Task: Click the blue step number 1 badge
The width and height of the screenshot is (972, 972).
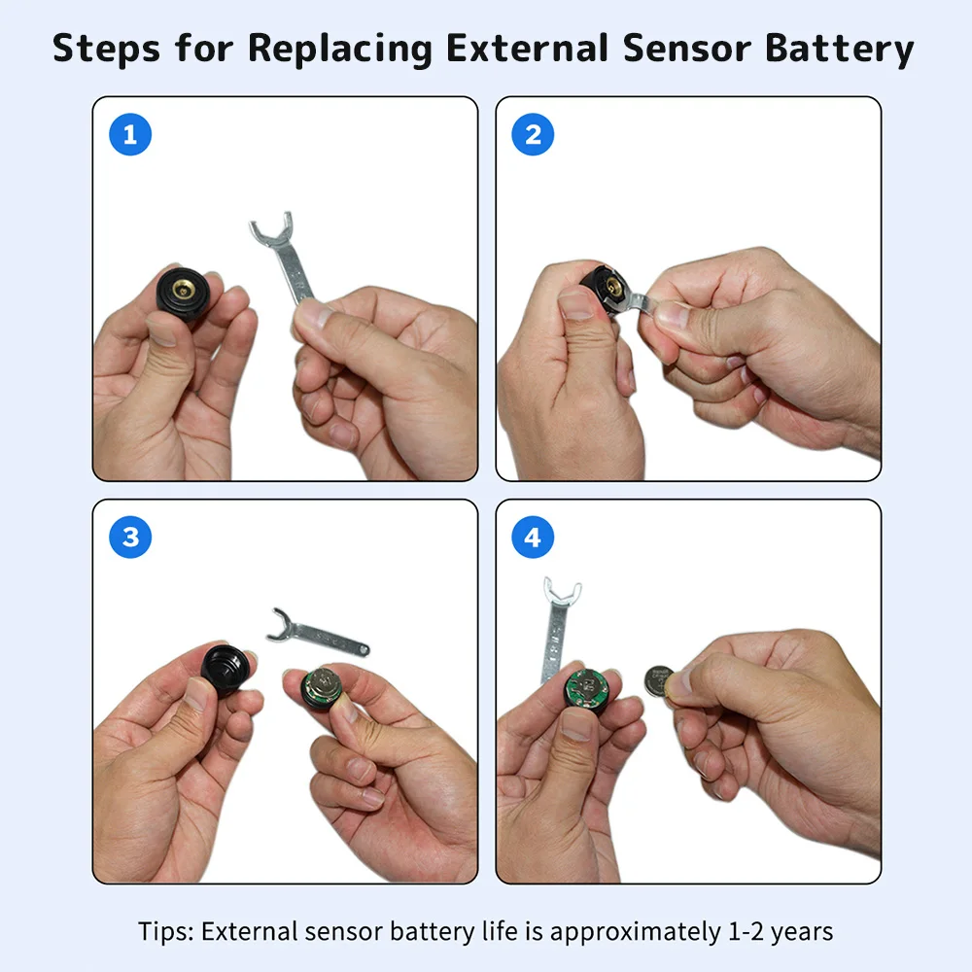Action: point(130,134)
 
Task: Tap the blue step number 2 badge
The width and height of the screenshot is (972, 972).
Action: point(533,134)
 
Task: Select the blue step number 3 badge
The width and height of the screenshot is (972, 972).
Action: point(130,538)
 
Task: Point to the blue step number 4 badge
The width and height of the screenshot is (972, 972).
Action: point(533,538)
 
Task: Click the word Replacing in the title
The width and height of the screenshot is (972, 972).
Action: point(340,49)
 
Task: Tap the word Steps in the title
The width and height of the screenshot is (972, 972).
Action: point(106,49)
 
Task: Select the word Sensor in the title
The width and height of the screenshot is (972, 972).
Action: point(687,48)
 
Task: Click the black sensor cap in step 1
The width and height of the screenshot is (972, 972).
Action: point(184,293)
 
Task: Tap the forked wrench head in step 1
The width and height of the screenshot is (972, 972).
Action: point(272,228)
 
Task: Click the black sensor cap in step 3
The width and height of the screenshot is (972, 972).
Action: point(226,668)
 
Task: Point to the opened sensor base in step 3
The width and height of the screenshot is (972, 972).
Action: point(323,688)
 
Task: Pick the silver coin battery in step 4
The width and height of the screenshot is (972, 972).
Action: point(658,681)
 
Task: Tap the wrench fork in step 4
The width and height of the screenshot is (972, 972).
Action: point(562,592)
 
